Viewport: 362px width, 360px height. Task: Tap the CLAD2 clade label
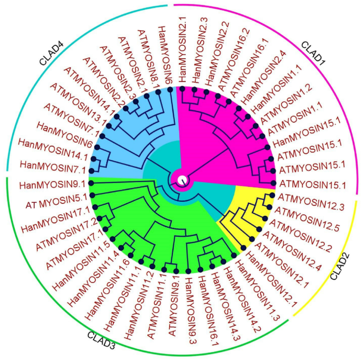click(340, 267)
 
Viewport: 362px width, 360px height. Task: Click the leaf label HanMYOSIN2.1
click(182, 50)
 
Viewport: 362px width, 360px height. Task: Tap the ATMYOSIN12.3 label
click(311, 201)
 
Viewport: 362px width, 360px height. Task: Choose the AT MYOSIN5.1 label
click(57, 201)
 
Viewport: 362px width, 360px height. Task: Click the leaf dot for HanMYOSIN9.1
click(91, 183)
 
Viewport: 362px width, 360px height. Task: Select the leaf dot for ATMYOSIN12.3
click(272, 195)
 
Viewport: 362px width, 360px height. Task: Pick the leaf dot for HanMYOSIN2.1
click(182, 89)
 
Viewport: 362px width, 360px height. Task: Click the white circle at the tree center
click(182, 180)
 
